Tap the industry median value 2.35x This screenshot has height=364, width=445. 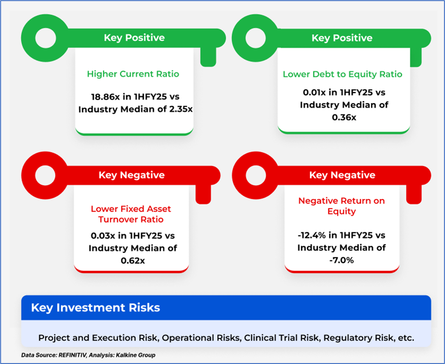point(181,109)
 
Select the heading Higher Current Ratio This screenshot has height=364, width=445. point(133,74)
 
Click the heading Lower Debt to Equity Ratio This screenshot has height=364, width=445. point(343,74)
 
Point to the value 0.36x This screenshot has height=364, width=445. point(344,117)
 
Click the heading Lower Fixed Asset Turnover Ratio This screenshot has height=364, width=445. point(131,214)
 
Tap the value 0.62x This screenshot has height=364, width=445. point(133,260)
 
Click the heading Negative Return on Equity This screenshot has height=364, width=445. point(341,206)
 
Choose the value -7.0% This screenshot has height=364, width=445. point(341,260)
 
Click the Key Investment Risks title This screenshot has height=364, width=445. point(96,307)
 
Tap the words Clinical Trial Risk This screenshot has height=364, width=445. point(283,338)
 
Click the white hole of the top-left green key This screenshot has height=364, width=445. point(45,38)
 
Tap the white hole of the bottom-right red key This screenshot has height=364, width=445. point(256,175)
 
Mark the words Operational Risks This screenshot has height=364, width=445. point(201,338)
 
